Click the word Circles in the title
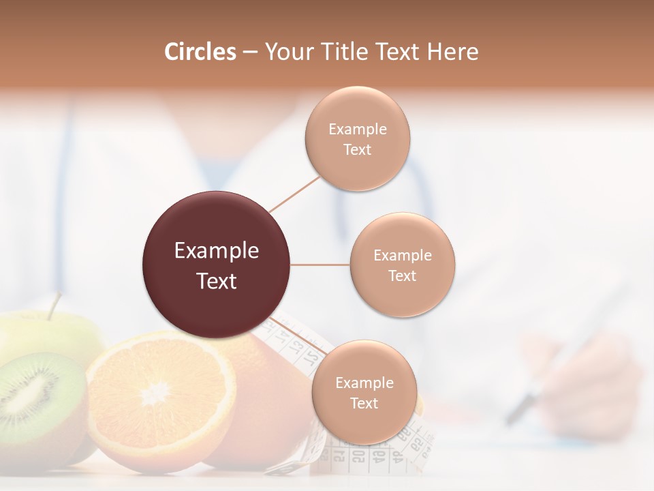click(x=200, y=51)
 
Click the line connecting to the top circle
click(x=294, y=193)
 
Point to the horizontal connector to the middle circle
click(x=320, y=265)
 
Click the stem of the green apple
click(x=54, y=306)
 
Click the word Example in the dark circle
click(x=216, y=251)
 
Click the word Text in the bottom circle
click(x=364, y=403)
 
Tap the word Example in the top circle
click(x=357, y=129)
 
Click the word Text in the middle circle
click(x=402, y=276)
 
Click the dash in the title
click(x=250, y=52)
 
